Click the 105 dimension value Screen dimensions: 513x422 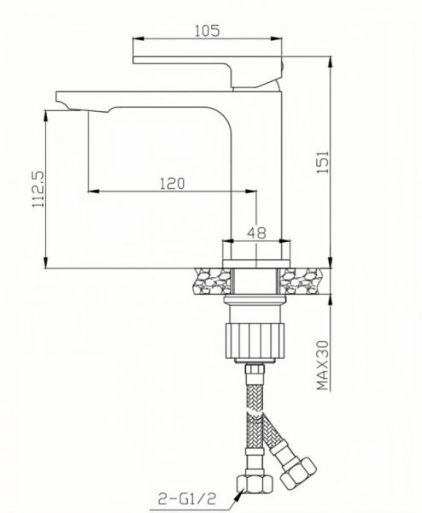click(x=208, y=30)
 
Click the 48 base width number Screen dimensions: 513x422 click(x=256, y=230)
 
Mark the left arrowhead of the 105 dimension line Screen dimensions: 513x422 click(x=134, y=39)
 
